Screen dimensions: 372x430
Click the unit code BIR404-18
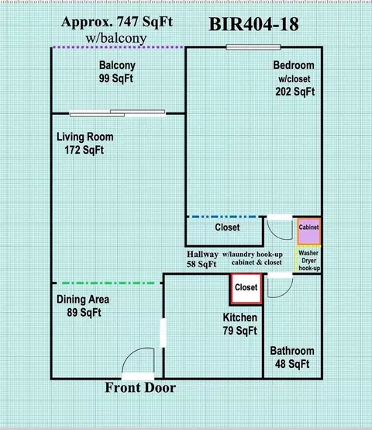pos(253,24)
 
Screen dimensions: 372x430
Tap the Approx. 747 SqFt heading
pos(117,22)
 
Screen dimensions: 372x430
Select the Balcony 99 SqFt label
pos(117,72)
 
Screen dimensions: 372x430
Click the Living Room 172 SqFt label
pos(84,144)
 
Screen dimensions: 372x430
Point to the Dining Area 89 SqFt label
pos(83,306)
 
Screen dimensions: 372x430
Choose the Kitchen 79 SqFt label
pos(240,324)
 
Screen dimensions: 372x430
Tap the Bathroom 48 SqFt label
pos(292,357)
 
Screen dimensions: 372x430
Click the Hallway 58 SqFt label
pos(202,259)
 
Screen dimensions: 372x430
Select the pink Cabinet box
pos(309,231)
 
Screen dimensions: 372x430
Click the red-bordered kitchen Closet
pos(246,289)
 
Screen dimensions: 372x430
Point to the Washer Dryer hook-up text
pos(308,261)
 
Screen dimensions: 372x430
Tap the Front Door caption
pos(140,387)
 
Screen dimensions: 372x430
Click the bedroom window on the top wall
pos(253,47)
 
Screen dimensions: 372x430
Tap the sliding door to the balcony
pos(118,113)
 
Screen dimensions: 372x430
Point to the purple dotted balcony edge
pos(118,47)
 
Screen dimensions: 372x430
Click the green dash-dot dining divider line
pos(108,283)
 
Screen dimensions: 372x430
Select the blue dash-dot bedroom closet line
pos(224,217)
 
